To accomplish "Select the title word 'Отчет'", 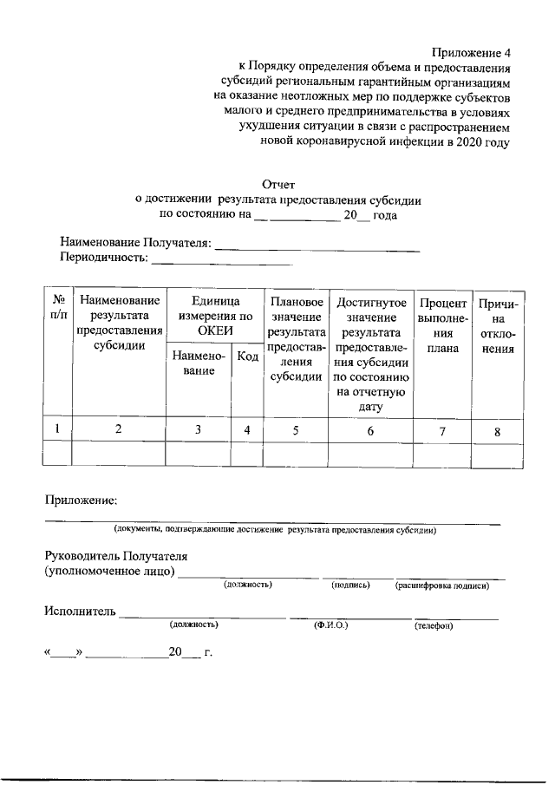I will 278,184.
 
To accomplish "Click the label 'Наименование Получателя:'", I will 134,242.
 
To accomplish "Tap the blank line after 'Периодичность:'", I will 221,258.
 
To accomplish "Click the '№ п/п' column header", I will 57,309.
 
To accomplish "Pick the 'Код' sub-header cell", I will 248,357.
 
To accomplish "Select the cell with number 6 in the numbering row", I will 370,429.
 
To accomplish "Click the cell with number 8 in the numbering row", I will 498,429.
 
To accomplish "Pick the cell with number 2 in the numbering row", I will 119,428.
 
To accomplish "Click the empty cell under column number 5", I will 297,454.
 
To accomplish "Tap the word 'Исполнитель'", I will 80,612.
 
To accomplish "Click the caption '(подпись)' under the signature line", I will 351,586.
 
